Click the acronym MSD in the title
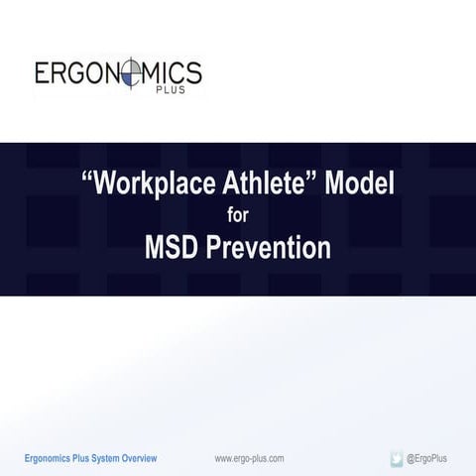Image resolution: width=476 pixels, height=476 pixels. coord(173,245)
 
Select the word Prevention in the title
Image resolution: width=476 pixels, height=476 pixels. coord(270,245)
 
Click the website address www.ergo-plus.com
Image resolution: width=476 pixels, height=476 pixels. coord(250,458)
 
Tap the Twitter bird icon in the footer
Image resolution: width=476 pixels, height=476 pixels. coord(397,458)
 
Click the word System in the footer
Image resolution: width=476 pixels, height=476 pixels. coord(102,458)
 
